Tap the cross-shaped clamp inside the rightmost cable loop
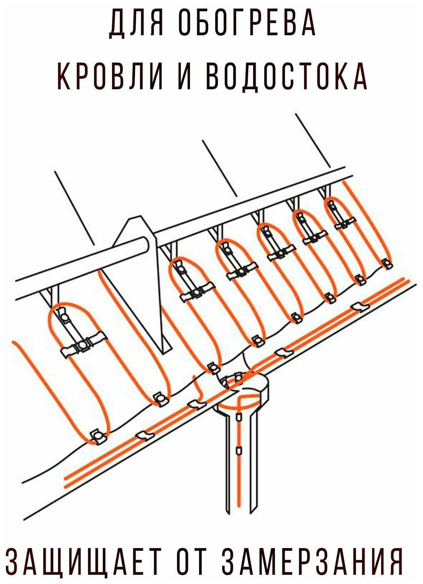(344, 224)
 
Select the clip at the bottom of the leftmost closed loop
(97, 436)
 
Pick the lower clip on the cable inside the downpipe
(239, 450)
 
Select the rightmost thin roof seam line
(313, 140)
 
